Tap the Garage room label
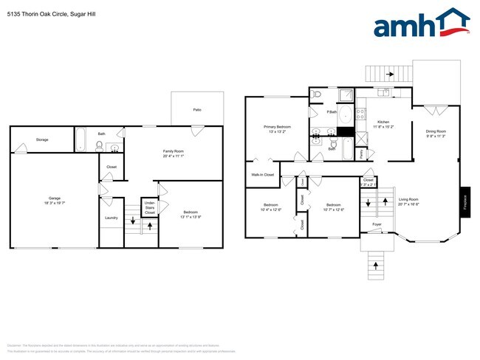[x=54, y=198]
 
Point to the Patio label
[x=197, y=110]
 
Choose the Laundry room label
[x=112, y=218]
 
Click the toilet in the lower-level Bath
[x=99, y=145]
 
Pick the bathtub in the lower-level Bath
[x=82, y=139]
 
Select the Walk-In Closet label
[x=262, y=175]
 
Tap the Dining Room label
[x=436, y=131]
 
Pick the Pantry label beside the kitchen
[x=361, y=154]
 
